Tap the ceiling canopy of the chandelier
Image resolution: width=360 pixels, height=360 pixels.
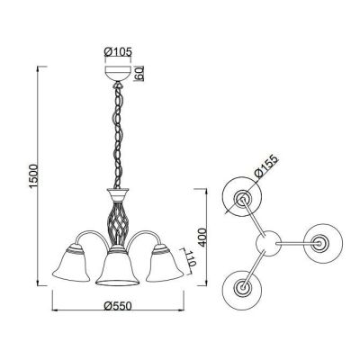point(116,78)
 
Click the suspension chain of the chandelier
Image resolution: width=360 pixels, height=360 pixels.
point(116,135)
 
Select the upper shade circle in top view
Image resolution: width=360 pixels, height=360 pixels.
point(242,199)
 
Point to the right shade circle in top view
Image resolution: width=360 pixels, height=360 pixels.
point(321,243)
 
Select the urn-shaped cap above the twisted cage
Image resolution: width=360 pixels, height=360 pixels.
point(116,193)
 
